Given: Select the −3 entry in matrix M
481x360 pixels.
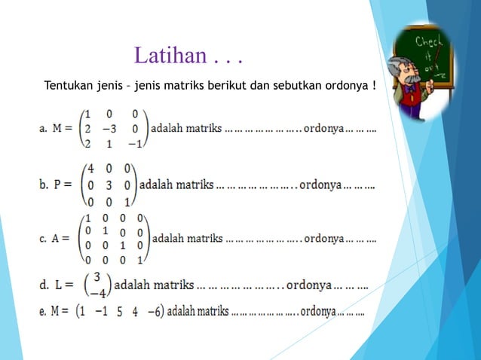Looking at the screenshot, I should [109, 128].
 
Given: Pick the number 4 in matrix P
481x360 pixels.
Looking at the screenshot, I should [90, 169].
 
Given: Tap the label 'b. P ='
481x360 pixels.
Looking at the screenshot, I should [56, 185].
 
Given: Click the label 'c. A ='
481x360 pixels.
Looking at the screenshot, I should [55, 239].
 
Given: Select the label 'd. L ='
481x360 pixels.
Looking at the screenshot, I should [56, 285].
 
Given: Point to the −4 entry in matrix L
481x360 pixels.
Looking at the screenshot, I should [99, 293].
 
